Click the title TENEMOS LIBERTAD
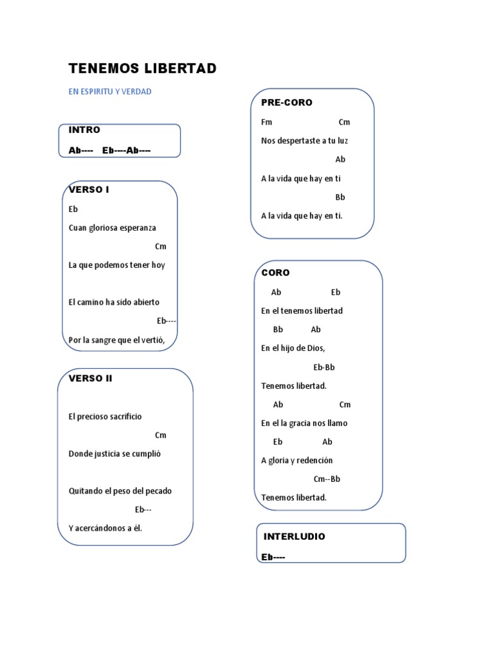(142, 69)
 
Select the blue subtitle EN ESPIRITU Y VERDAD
(110, 91)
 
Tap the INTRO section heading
(84, 130)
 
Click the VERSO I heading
(89, 190)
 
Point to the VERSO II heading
(91, 378)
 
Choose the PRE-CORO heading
(287, 103)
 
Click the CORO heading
(275, 272)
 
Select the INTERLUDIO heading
(295, 536)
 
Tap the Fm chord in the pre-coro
(267, 122)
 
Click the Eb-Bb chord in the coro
(324, 367)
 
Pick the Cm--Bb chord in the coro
(327, 479)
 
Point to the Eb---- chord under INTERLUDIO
(273, 557)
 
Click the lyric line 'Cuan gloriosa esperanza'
(113, 227)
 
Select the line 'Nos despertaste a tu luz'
(304, 141)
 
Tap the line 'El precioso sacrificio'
(105, 416)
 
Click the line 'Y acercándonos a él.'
(105, 528)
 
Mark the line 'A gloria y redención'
(297, 460)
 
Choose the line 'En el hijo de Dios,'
(293, 348)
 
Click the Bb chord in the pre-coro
(340, 197)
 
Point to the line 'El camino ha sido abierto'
(114, 302)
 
